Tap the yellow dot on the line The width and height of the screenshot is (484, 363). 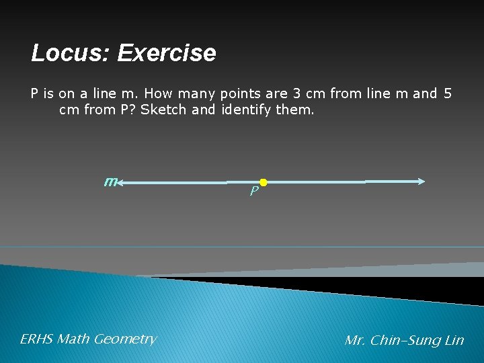click(x=264, y=182)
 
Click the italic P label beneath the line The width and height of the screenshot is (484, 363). click(x=253, y=192)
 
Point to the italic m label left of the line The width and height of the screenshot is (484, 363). click(x=111, y=181)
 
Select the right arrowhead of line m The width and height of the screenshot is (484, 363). click(x=421, y=181)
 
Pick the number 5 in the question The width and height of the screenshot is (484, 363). click(x=448, y=93)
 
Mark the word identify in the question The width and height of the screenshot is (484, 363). click(x=245, y=109)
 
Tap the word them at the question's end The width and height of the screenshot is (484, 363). click(x=294, y=109)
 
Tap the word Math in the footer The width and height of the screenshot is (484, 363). click(x=74, y=339)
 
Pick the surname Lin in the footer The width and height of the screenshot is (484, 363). click(x=454, y=340)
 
